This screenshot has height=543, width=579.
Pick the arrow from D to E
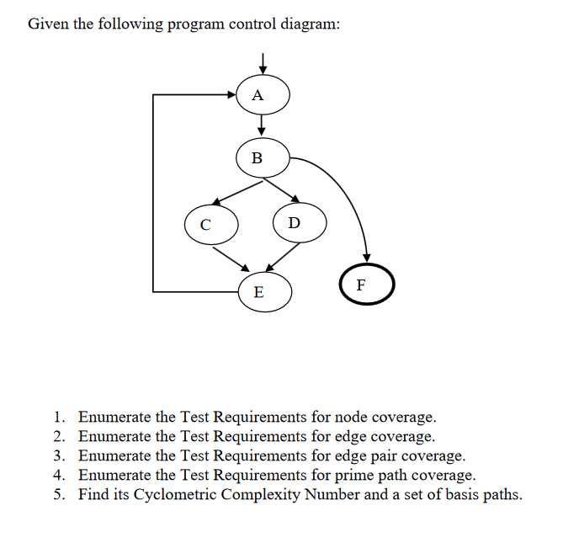point(283,258)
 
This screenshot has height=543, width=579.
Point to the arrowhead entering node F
point(366,256)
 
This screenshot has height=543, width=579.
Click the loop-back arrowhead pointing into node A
point(236,95)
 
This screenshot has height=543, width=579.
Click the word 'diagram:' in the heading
point(310,24)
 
